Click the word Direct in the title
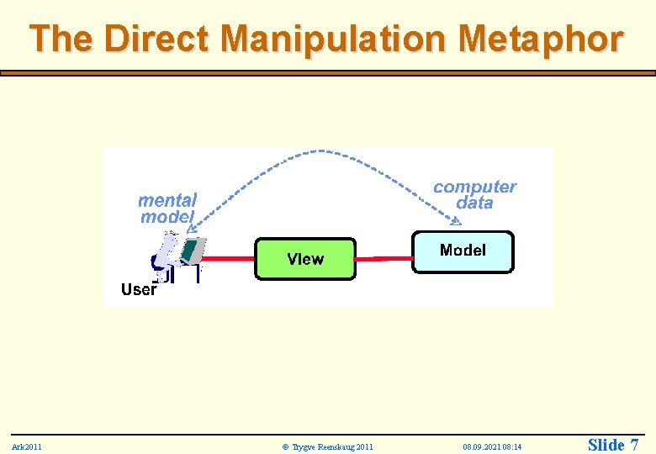(x=160, y=39)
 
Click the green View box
(x=304, y=258)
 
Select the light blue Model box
(x=463, y=251)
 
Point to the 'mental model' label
(x=167, y=209)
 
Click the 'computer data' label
(x=474, y=194)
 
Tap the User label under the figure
(x=138, y=290)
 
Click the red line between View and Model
(x=384, y=253)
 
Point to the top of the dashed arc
(x=320, y=151)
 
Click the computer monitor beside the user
(x=193, y=249)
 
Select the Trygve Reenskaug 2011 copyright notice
(x=328, y=446)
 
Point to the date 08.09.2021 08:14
(x=492, y=446)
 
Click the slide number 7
(x=633, y=445)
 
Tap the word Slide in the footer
(x=605, y=445)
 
